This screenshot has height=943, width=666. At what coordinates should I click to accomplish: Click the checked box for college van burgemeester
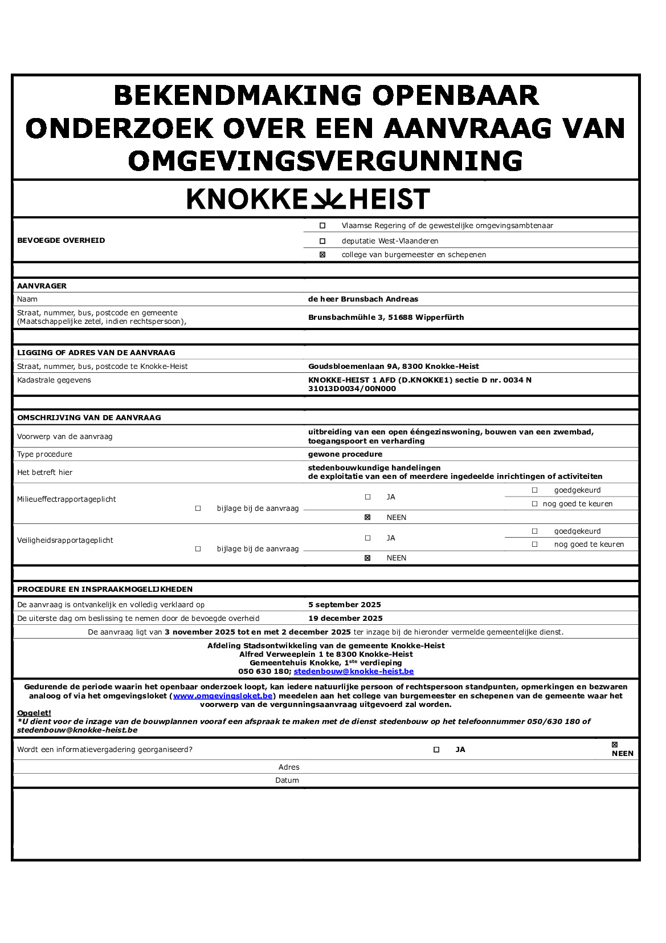[x=322, y=255]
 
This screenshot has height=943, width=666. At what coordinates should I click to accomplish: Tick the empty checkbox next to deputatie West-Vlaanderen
[x=322, y=241]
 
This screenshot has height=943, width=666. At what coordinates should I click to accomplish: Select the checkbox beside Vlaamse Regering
[x=322, y=226]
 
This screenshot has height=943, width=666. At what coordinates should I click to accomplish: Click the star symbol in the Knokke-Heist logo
[x=328, y=200]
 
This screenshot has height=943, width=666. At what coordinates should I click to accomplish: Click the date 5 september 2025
[x=345, y=605]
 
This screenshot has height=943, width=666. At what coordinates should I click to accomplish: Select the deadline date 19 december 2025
[x=345, y=619]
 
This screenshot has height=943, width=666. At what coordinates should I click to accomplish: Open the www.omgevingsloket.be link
[x=223, y=696]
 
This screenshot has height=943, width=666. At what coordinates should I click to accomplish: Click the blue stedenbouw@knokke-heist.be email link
[x=353, y=672]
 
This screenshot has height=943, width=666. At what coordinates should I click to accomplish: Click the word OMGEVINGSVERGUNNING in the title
[x=325, y=161]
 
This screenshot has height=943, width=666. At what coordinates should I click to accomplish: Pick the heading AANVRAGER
[x=42, y=286]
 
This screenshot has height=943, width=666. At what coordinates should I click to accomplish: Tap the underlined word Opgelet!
[x=34, y=713]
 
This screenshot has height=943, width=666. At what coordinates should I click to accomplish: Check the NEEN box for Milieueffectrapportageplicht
[x=367, y=518]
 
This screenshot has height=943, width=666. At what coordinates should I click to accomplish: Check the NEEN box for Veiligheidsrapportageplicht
[x=367, y=558]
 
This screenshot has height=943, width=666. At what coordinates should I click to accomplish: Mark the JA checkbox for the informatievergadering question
[x=436, y=750]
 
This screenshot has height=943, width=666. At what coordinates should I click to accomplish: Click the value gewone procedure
[x=345, y=454]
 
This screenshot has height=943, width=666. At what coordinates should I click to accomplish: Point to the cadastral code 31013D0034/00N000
[x=352, y=389]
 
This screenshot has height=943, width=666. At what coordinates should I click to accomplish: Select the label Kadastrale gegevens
[x=54, y=380]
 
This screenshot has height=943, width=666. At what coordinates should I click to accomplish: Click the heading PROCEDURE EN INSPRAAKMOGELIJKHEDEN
[x=105, y=590]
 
